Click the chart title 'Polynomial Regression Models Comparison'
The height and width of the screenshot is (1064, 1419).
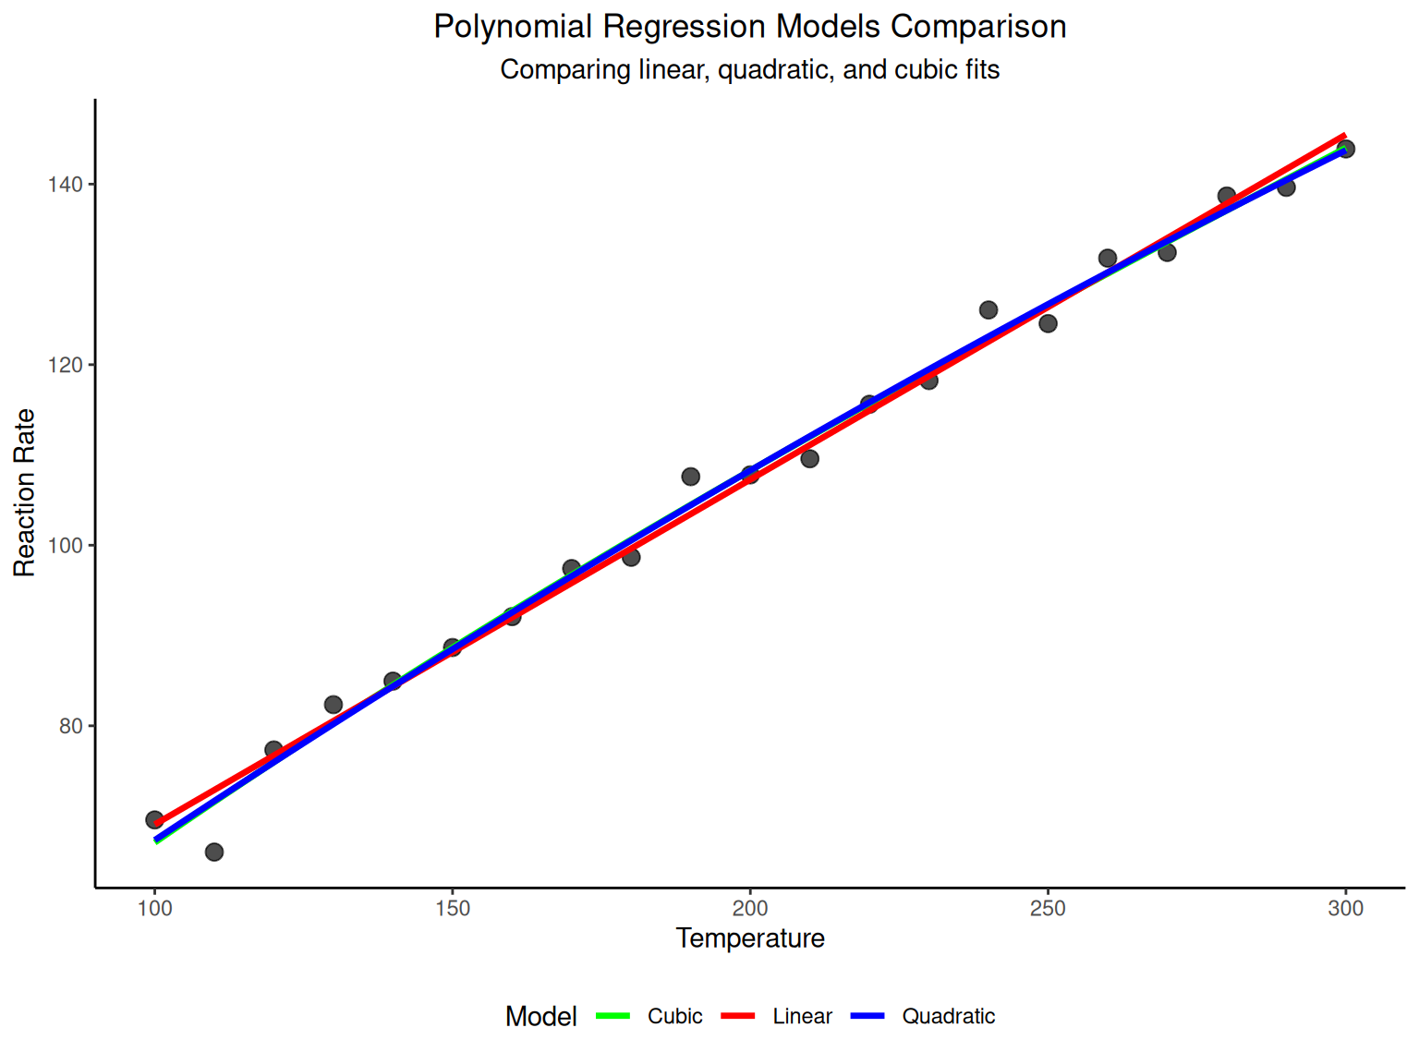click(749, 27)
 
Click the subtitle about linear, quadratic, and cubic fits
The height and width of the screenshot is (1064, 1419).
click(749, 70)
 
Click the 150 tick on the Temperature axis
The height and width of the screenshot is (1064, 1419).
click(453, 909)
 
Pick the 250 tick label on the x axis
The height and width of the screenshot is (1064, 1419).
click(1048, 909)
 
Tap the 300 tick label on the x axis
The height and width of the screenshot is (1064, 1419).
click(1345, 909)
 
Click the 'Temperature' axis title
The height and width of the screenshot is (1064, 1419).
click(749, 938)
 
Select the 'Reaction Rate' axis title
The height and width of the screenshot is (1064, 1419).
click(24, 493)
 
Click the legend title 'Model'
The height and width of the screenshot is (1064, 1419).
click(540, 1017)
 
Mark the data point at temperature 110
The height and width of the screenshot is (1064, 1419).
click(214, 852)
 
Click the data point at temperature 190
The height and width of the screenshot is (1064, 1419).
click(690, 477)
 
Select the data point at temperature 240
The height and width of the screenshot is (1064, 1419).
click(988, 309)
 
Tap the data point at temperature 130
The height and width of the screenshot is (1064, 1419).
click(334, 705)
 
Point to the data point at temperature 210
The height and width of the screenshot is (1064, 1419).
click(809, 458)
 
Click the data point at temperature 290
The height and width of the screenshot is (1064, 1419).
click(1286, 187)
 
